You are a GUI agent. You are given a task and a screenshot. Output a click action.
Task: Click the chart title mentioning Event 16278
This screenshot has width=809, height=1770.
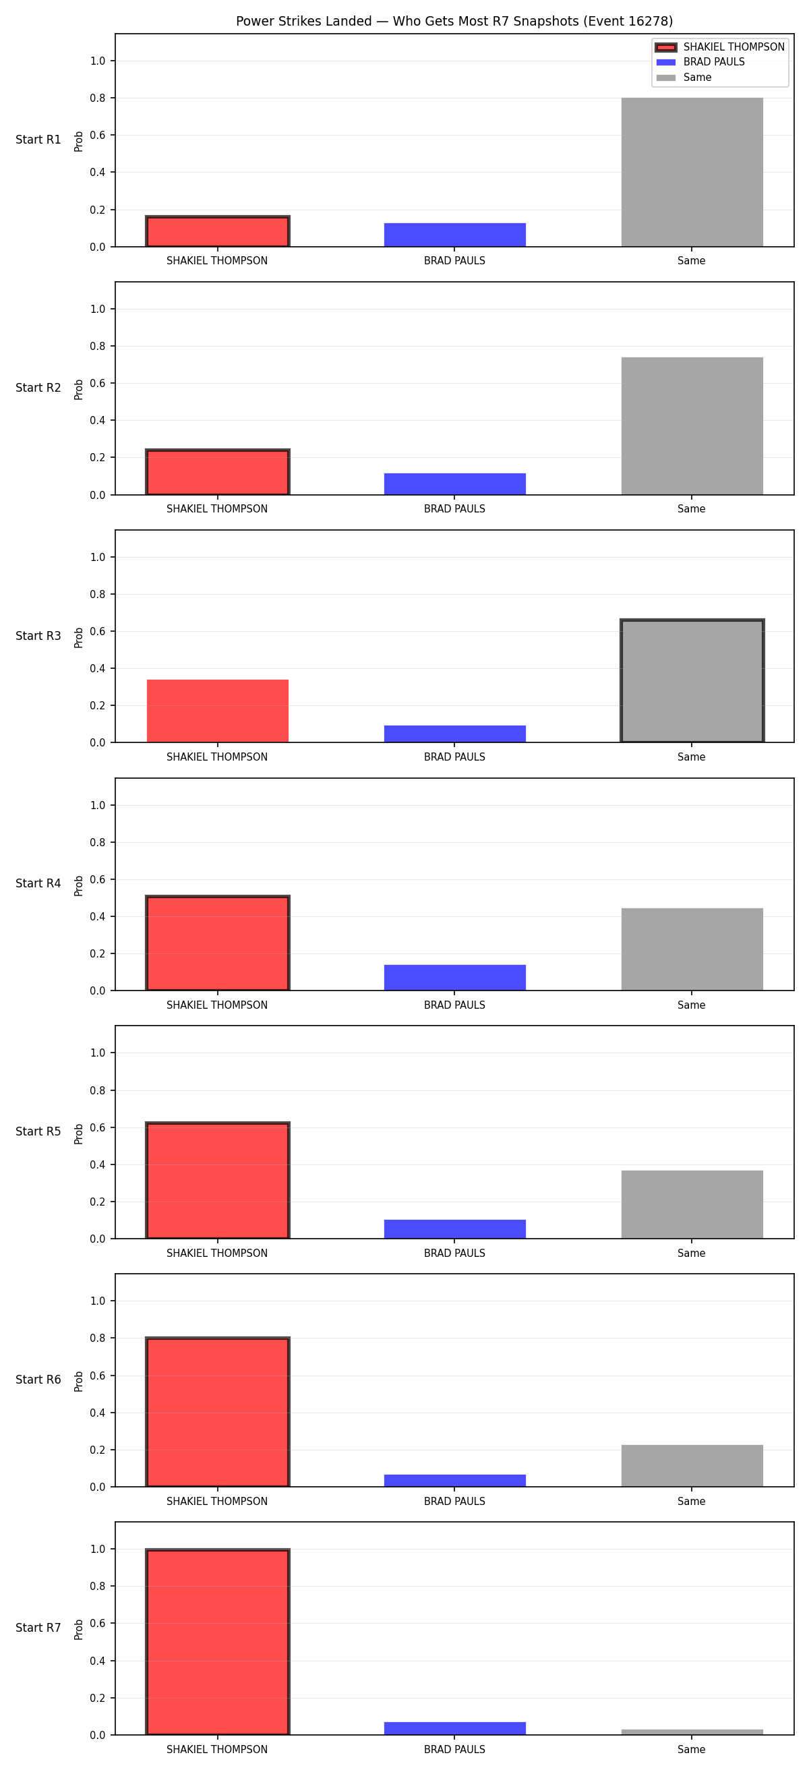454,22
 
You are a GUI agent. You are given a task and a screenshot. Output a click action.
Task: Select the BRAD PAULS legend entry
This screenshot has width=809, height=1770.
713,62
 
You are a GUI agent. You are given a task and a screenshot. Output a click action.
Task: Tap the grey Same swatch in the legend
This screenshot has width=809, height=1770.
665,78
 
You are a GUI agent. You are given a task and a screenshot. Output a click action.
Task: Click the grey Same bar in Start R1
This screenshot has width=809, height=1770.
692,172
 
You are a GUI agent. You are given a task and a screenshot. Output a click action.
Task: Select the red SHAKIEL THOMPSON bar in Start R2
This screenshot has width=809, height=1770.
218,472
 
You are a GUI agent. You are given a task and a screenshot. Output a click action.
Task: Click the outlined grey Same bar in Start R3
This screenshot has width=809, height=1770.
692,681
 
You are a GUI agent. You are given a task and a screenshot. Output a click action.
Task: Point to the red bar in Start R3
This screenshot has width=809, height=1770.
218,711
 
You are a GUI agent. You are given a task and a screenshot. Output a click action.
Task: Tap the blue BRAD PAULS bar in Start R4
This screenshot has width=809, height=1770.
454,977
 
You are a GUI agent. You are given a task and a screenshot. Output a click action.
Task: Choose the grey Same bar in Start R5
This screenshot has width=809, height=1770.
692,1204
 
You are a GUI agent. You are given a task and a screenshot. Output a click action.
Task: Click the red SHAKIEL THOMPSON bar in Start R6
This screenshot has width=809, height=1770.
218,1412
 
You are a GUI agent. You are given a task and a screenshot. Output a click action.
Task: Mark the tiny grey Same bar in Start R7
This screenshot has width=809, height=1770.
692,1732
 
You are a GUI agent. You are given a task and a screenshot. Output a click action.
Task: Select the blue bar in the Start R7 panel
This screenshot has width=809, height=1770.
454,1728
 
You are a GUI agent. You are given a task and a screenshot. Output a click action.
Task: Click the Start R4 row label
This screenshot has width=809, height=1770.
38,883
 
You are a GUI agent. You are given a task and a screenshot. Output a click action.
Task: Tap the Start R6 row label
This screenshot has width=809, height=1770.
38,1380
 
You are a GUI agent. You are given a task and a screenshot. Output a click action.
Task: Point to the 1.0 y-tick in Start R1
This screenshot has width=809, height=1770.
98,61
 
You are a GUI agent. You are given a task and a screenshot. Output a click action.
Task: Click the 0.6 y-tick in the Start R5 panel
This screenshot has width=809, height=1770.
98,1127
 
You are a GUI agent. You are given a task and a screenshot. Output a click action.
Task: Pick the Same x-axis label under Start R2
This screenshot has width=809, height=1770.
692,509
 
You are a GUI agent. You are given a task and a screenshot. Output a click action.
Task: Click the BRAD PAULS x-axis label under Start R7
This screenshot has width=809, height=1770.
454,1749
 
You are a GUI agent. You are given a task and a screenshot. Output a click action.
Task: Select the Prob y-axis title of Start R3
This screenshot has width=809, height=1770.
79,637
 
